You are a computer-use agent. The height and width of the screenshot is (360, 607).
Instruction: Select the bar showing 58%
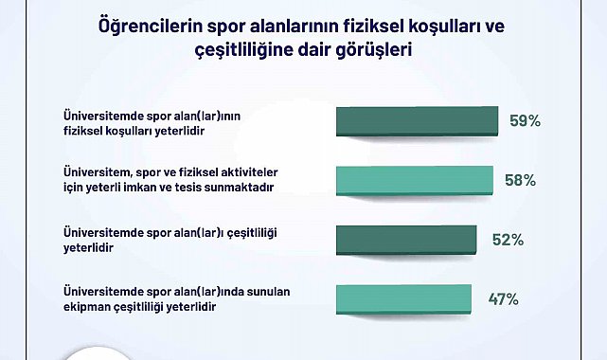point(415,180)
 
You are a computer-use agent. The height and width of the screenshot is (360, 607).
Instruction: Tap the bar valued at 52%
point(407,240)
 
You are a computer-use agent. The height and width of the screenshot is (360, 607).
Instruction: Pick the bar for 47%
point(403,298)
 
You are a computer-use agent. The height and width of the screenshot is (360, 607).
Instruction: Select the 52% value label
point(508,240)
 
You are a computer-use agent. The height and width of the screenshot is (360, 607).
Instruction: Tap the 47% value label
point(502,299)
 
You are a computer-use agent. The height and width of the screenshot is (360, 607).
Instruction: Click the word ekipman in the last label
point(85,307)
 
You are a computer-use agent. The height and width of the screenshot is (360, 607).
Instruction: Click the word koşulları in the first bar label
point(136,129)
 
